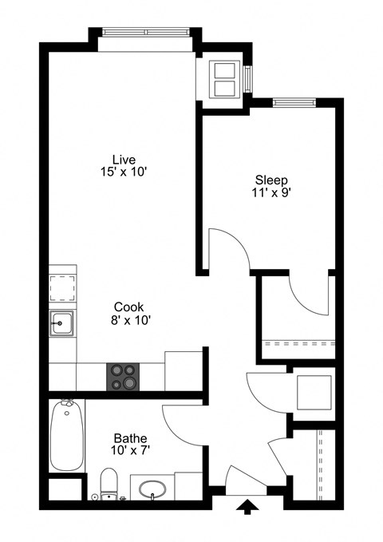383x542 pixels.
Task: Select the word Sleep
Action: coord(270,180)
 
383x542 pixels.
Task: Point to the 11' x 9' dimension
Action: coord(270,192)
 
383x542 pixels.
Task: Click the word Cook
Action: coord(129,307)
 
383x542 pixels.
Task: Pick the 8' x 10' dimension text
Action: coord(129,319)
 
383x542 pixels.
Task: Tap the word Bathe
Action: coord(129,437)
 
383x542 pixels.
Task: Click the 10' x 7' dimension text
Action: coord(129,450)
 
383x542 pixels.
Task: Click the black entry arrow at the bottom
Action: coord(248,506)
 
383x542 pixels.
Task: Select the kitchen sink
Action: coord(62,324)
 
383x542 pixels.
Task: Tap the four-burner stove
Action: coord(123,377)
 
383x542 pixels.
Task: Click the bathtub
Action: coord(65,437)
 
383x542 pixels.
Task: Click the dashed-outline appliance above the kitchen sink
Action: coord(62,286)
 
